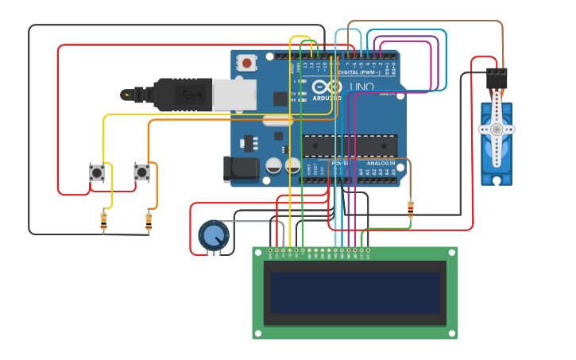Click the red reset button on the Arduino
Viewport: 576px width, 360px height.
coord(248,62)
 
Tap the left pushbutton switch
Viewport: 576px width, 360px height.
coord(97,172)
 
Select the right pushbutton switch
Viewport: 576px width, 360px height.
coord(141,172)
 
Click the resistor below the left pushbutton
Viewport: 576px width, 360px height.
coord(104,222)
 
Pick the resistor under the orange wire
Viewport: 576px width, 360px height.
coord(149,222)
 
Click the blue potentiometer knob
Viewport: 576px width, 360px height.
coord(213,235)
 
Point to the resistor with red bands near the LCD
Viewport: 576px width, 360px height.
coord(410,209)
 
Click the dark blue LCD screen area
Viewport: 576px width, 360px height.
coord(354,292)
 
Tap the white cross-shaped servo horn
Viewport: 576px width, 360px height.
coord(497,129)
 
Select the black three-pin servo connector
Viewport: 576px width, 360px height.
coord(497,78)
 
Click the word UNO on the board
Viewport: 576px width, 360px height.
coord(361,87)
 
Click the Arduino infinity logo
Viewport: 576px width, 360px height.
coord(326,87)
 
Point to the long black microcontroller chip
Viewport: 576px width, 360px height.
coord(350,146)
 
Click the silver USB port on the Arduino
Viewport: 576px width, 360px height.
coord(234,95)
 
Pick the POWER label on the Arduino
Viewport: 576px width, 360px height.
coord(339,163)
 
